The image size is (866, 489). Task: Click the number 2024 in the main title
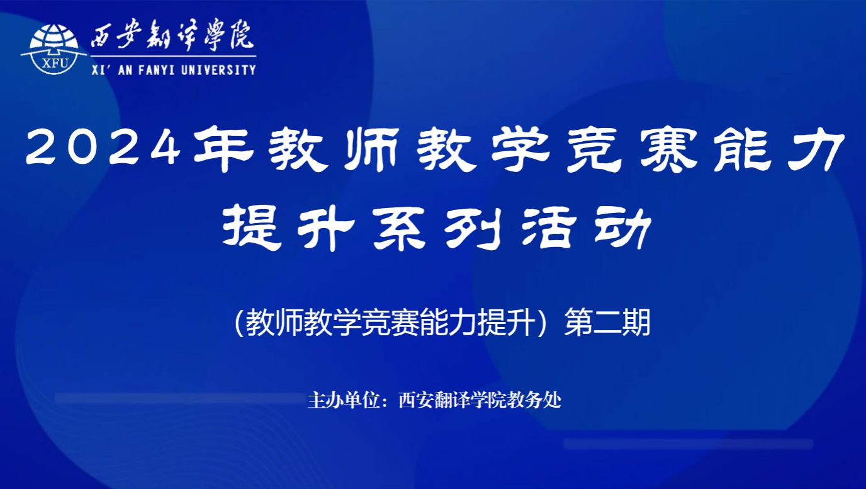[x=103, y=149]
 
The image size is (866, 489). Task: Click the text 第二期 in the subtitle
[x=607, y=322]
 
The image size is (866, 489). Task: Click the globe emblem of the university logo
[x=53, y=49]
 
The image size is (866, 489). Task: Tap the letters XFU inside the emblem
[x=55, y=64]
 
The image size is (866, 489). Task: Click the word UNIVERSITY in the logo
[x=218, y=70]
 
